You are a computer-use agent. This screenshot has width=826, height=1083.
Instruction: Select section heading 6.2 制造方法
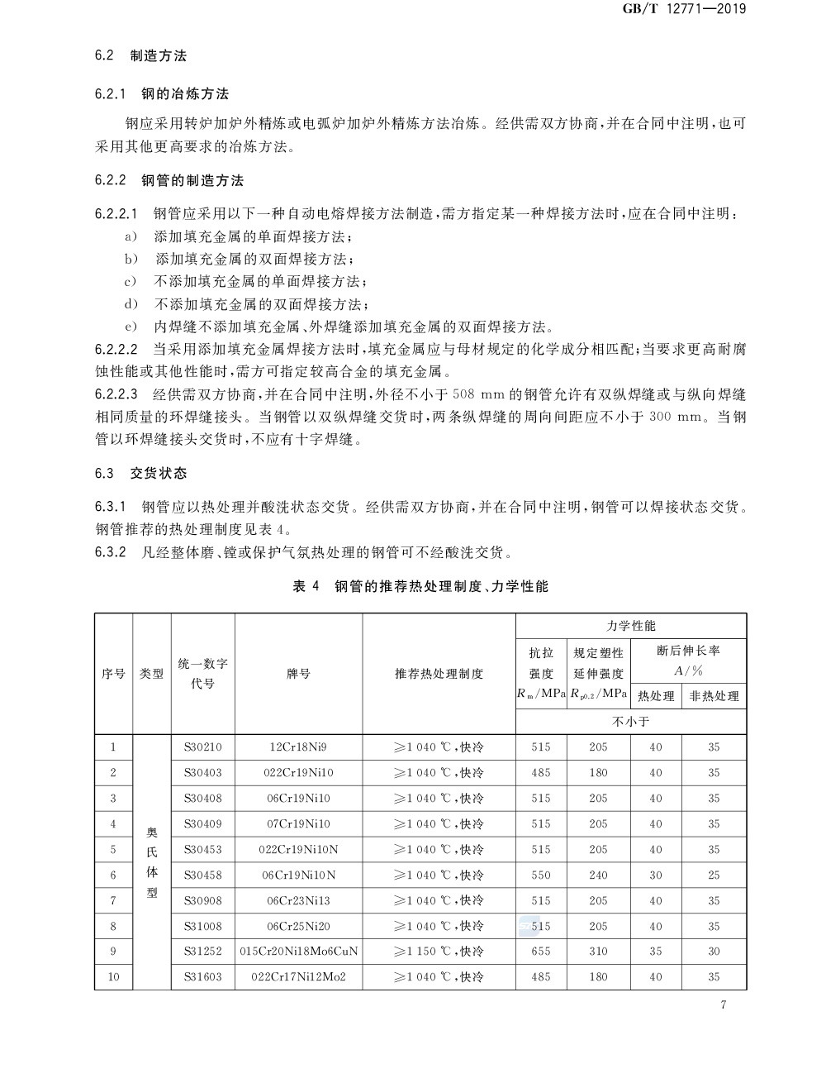(x=140, y=56)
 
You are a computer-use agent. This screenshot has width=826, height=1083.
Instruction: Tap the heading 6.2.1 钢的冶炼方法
(x=162, y=94)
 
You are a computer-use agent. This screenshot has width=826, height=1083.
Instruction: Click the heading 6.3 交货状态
(x=140, y=474)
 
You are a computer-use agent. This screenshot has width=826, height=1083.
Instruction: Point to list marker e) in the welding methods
(x=130, y=326)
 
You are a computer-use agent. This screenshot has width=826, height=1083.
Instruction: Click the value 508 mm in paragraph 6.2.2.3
(x=477, y=394)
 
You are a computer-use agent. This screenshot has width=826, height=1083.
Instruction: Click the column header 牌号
(x=298, y=674)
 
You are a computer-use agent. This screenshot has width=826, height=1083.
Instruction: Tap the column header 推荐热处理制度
(x=439, y=674)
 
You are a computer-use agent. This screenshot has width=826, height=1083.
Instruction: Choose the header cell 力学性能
(x=631, y=626)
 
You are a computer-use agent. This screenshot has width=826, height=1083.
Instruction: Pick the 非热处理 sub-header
(x=714, y=696)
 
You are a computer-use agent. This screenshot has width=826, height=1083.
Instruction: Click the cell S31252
(x=202, y=952)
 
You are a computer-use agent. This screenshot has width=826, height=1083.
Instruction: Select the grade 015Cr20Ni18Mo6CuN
(x=298, y=952)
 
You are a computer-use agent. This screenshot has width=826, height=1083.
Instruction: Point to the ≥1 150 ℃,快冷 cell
(x=439, y=952)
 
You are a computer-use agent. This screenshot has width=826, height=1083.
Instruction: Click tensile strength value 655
(x=541, y=952)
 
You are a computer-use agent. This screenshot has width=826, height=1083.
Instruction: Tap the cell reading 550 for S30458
(x=541, y=875)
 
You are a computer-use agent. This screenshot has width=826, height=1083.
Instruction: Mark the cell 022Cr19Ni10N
(x=298, y=849)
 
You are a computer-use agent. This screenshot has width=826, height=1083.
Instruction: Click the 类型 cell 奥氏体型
(x=152, y=861)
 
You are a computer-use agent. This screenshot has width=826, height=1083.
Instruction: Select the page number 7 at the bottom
(x=723, y=1005)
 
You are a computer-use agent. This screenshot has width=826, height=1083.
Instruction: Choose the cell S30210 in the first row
(x=202, y=747)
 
